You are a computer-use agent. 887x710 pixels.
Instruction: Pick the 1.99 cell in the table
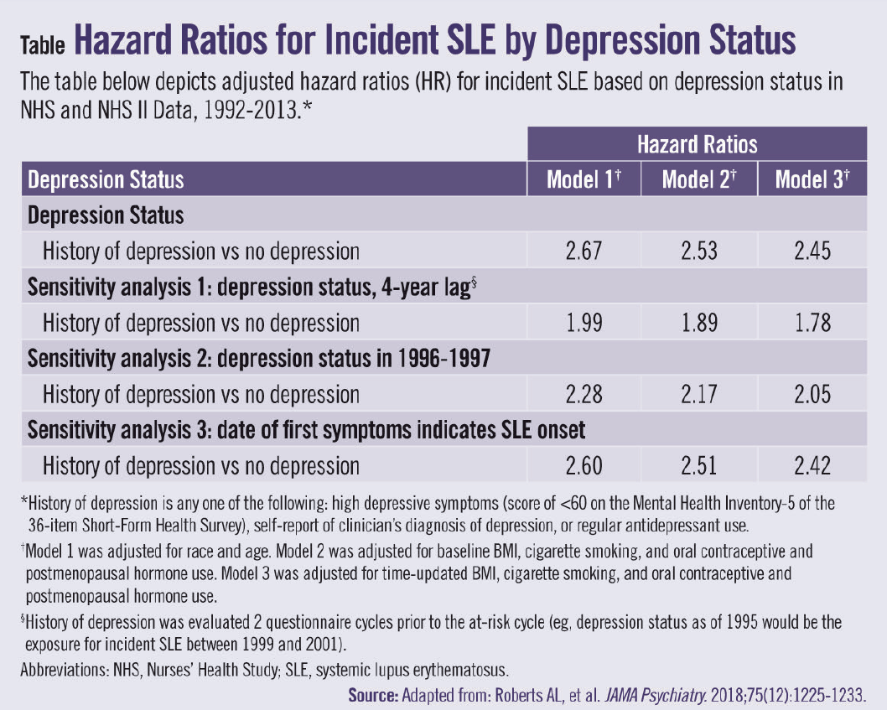(584, 323)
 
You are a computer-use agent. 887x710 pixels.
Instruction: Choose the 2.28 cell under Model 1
(584, 394)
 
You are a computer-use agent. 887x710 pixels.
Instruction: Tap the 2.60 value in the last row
(584, 465)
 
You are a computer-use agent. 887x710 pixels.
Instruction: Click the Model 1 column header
(584, 179)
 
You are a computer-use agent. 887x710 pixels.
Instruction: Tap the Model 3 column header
(811, 179)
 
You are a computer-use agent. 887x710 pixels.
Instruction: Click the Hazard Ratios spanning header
(697, 144)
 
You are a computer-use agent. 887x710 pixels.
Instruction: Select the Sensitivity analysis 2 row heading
(259, 359)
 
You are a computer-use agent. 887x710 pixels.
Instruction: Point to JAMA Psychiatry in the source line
(645, 694)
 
